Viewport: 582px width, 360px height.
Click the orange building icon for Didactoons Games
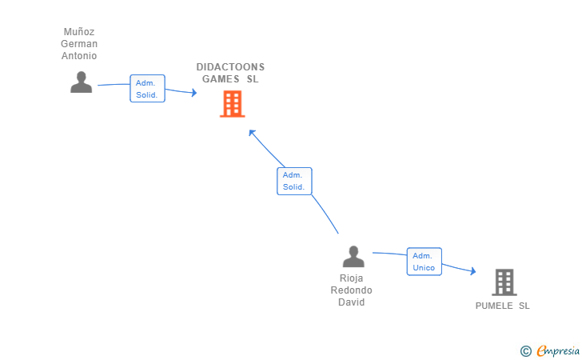(x=233, y=104)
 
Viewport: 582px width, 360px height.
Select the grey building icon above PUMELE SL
(x=504, y=282)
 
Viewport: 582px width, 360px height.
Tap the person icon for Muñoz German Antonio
(x=82, y=82)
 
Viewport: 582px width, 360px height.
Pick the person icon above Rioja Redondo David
(x=353, y=256)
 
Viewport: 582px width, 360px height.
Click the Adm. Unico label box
(x=425, y=262)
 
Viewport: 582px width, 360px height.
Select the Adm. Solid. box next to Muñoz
(x=147, y=89)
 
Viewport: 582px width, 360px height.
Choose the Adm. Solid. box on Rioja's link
(x=294, y=181)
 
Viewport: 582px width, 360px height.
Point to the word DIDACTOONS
(x=230, y=67)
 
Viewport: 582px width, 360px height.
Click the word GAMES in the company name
(x=221, y=78)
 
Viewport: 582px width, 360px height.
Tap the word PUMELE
(x=494, y=306)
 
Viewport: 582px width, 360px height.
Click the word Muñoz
(x=79, y=31)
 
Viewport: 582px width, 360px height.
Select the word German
(x=79, y=43)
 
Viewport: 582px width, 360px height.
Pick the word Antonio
(x=79, y=56)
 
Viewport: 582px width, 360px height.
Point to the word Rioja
(x=352, y=278)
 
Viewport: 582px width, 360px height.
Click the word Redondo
(x=352, y=290)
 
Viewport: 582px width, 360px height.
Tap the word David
(x=352, y=302)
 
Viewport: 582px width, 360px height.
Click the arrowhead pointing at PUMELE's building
(x=473, y=271)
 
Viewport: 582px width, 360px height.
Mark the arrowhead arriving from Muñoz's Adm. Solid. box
(x=193, y=93)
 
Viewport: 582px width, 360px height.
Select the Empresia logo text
(x=558, y=350)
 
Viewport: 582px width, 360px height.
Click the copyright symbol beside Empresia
(x=525, y=351)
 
